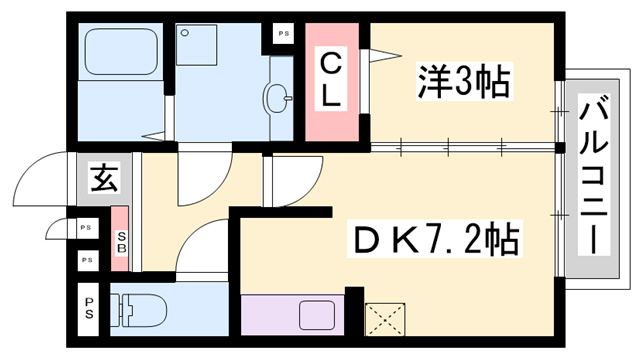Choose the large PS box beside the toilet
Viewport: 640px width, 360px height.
(90, 308)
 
